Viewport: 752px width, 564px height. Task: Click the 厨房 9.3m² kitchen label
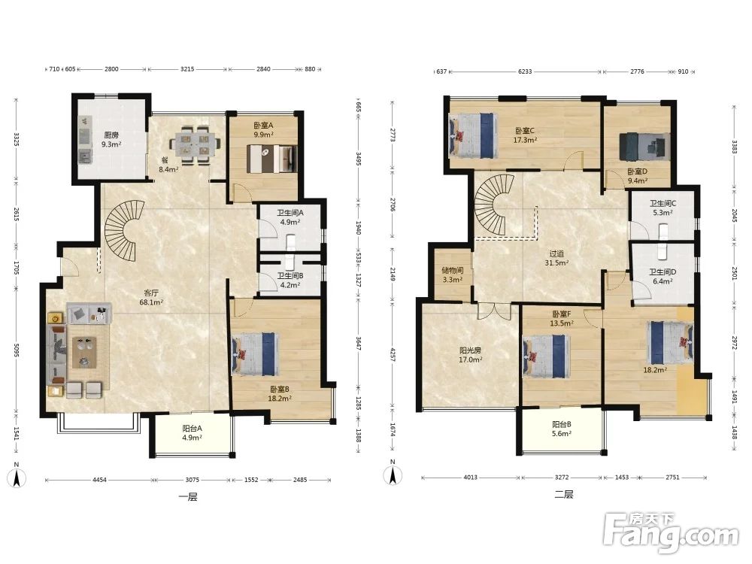pyautogui.click(x=111, y=140)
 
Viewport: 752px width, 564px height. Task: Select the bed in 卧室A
pyautogui.click(x=271, y=159)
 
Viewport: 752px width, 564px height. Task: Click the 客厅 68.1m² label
pyautogui.click(x=151, y=297)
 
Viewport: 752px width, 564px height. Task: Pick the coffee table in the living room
pyautogui.click(x=84, y=353)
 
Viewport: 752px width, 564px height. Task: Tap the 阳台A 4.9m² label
pyautogui.click(x=192, y=432)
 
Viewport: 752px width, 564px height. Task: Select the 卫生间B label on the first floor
pyautogui.click(x=290, y=276)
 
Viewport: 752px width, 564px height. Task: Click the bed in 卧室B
pyautogui.click(x=255, y=354)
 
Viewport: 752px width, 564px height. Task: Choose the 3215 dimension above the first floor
pyautogui.click(x=187, y=69)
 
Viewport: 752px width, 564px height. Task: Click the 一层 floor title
pyautogui.click(x=187, y=497)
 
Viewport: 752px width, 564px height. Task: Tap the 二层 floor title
pyautogui.click(x=564, y=495)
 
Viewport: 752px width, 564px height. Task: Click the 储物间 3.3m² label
pyautogui.click(x=452, y=274)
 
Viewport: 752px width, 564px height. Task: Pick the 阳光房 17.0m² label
pyautogui.click(x=471, y=355)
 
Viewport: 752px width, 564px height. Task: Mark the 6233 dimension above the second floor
pyautogui.click(x=525, y=71)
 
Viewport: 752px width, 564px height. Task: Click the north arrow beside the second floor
pyautogui.click(x=393, y=475)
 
